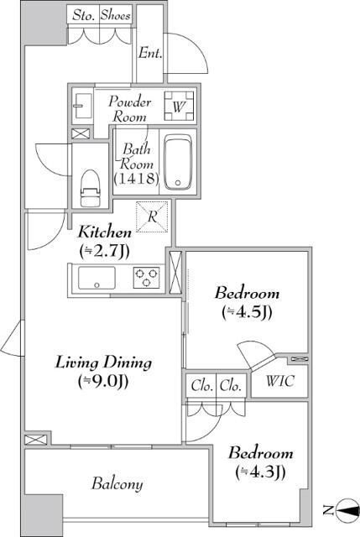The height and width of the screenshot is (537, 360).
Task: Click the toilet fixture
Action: click(91, 188)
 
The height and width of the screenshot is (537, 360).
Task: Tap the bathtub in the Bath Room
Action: click(178, 162)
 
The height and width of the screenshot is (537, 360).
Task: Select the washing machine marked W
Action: click(179, 107)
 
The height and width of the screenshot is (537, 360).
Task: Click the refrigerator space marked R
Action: click(152, 216)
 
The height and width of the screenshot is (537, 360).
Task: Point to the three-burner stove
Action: click(146, 277)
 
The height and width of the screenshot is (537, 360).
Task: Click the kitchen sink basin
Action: click(97, 278)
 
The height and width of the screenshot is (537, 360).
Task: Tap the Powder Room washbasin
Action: click(82, 106)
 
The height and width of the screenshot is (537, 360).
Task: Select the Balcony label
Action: click(117, 483)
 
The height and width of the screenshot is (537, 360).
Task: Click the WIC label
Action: click(280, 381)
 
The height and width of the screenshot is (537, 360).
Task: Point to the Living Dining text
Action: click(103, 362)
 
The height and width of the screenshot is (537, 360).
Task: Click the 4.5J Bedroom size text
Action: click(247, 312)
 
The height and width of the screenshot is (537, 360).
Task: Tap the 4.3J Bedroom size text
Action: click(260, 472)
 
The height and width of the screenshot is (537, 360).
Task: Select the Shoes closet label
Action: click(116, 15)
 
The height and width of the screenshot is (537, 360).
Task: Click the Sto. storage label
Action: click(83, 16)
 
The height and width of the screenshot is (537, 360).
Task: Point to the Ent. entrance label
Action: click(150, 53)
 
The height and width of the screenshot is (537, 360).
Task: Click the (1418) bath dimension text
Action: click(136, 179)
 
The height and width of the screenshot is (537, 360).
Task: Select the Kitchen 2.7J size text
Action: click(104, 252)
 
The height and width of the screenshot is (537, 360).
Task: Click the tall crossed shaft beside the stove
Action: click(175, 272)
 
